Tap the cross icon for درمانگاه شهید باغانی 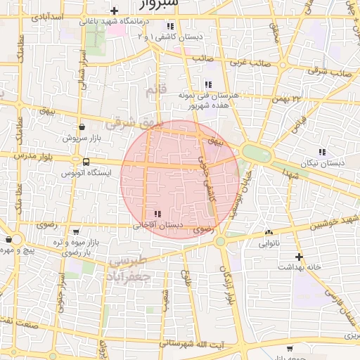pos(114,11)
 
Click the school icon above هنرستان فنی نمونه pos(207,84)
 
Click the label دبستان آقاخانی pos(158,225)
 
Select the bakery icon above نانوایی pos(268,233)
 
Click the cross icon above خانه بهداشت pos(300,257)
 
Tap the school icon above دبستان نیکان pos(322,152)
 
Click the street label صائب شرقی pos(335,71)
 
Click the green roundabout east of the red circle pos(249,152)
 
